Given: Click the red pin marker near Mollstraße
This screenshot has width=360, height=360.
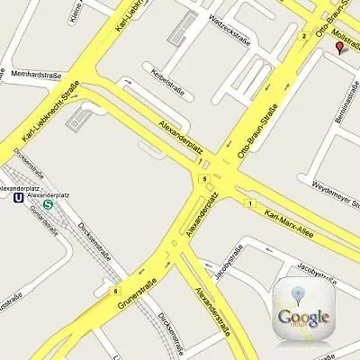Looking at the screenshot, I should coord(339,47).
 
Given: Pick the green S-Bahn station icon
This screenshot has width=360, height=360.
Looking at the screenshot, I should coord(49,204).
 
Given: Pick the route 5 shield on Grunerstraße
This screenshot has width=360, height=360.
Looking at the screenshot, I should coord(115,291).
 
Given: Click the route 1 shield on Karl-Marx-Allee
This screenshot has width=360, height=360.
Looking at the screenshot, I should coord(249,202).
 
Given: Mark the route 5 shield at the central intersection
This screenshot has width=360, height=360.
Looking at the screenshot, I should coord(205,179).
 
